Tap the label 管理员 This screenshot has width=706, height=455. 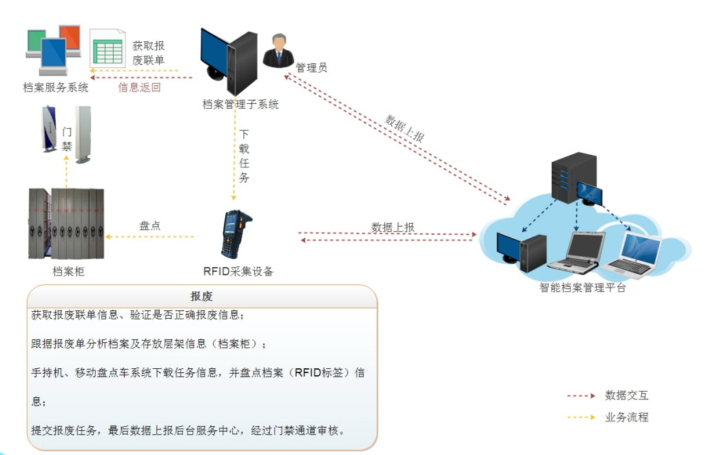coord(311,67)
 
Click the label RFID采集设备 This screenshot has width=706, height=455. coord(238,271)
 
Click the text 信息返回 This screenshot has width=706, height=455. coord(139,87)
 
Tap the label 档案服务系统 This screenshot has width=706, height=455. coord(56,87)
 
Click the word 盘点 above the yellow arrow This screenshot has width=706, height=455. coord(150,225)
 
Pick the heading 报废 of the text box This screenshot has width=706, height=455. coord(202,296)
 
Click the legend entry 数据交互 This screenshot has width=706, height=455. coord(627,395)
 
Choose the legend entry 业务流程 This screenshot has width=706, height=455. coord(627,417)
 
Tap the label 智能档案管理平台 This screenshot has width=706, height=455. coord(583,288)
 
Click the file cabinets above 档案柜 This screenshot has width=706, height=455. coord(65,223)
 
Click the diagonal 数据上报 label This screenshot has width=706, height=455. coord(405,128)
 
